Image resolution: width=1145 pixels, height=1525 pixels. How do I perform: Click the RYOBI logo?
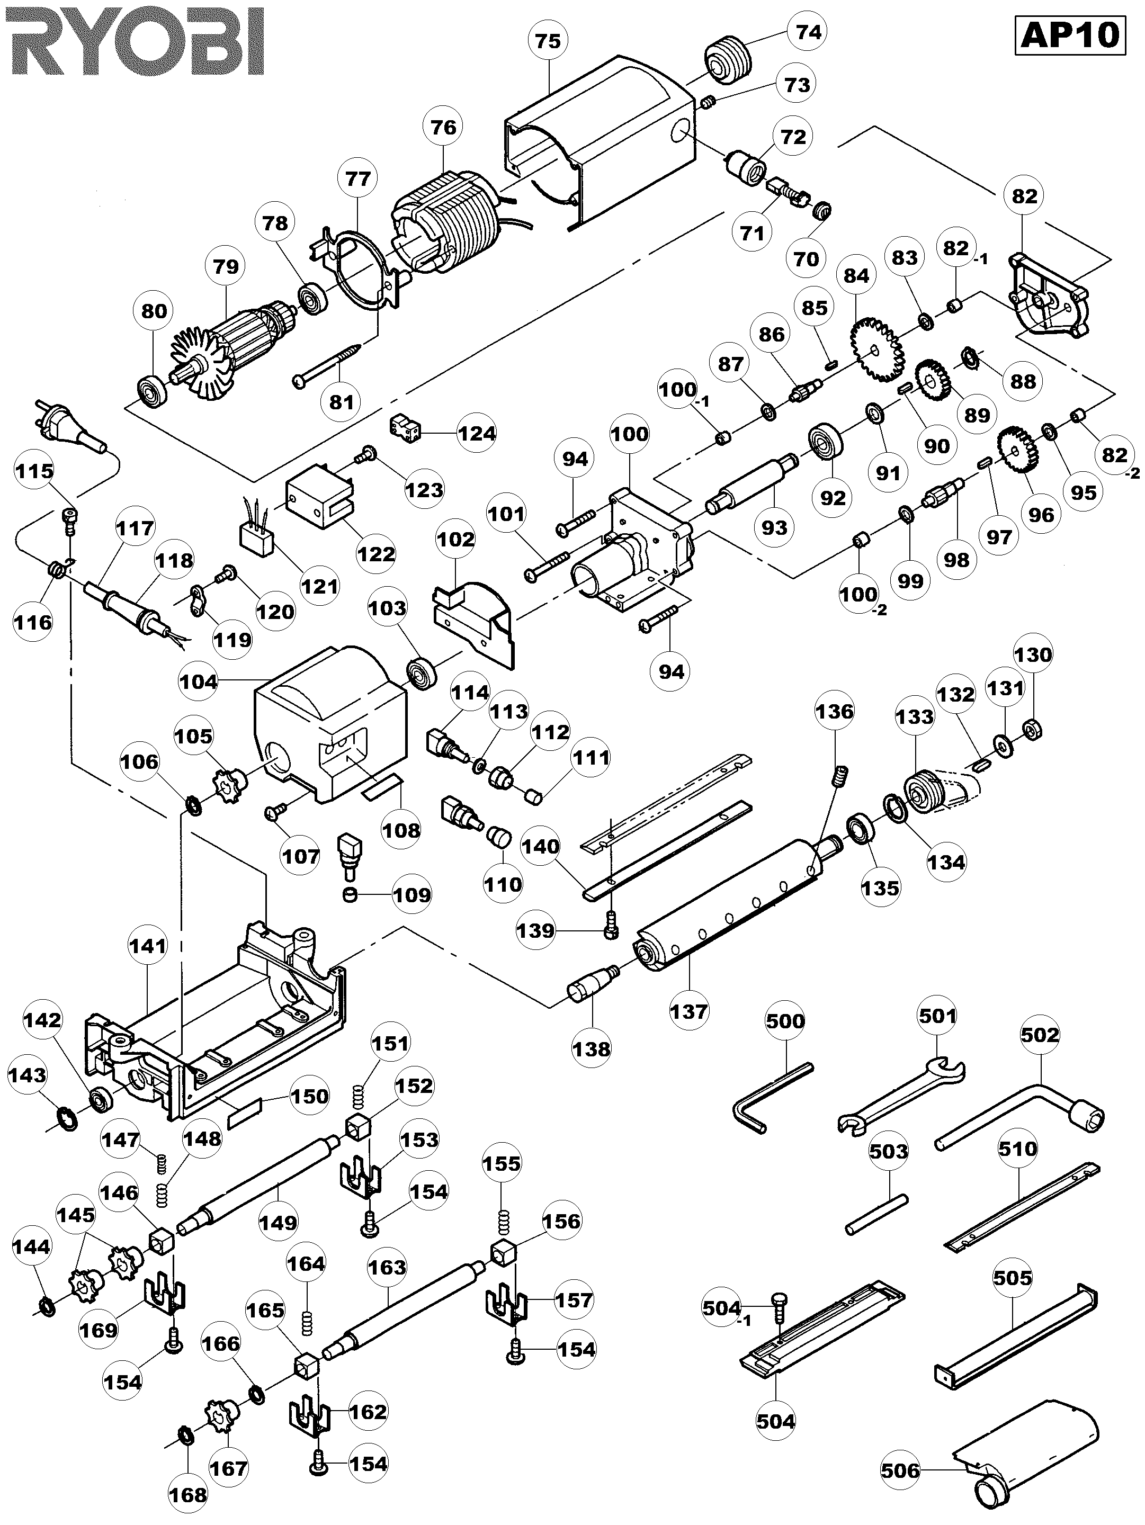(x=132, y=43)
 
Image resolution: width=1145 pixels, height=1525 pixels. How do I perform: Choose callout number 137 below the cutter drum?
(x=688, y=1011)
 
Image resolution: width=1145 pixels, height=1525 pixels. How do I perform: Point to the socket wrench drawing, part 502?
(x=1020, y=1118)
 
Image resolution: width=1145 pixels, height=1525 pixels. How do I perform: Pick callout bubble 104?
(x=199, y=682)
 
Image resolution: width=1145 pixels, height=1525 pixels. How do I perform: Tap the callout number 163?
(x=388, y=1267)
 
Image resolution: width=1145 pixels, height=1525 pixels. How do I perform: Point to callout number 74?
(x=808, y=32)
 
